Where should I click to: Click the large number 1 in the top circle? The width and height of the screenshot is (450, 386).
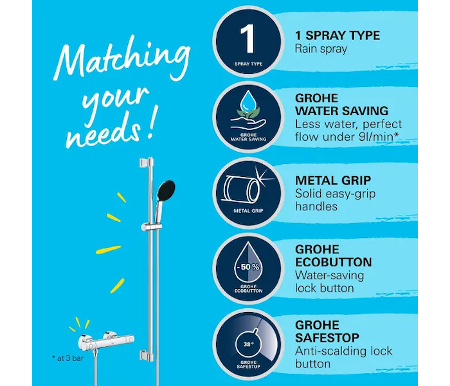[248, 39]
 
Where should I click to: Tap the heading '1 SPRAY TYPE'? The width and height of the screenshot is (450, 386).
[337, 35]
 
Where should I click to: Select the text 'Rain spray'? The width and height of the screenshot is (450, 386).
[321, 49]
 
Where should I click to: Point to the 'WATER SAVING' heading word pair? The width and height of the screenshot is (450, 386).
[341, 111]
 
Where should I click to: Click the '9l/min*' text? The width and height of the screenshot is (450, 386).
[378, 137]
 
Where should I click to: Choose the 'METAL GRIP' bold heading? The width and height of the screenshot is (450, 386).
[333, 181]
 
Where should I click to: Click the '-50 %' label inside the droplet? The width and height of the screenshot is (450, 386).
[248, 267]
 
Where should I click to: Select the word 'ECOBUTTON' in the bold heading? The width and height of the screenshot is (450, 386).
[334, 262]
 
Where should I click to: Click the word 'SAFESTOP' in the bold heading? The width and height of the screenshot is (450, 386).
[327, 338]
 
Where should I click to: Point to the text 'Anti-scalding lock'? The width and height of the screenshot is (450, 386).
[343, 351]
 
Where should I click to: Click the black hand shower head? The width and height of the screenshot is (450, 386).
[166, 190]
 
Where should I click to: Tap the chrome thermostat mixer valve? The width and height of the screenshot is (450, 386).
[106, 342]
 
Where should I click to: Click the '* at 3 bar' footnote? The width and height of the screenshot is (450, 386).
[67, 358]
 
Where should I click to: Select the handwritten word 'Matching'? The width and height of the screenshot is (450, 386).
[122, 59]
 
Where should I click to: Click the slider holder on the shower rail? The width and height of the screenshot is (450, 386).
[151, 226]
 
